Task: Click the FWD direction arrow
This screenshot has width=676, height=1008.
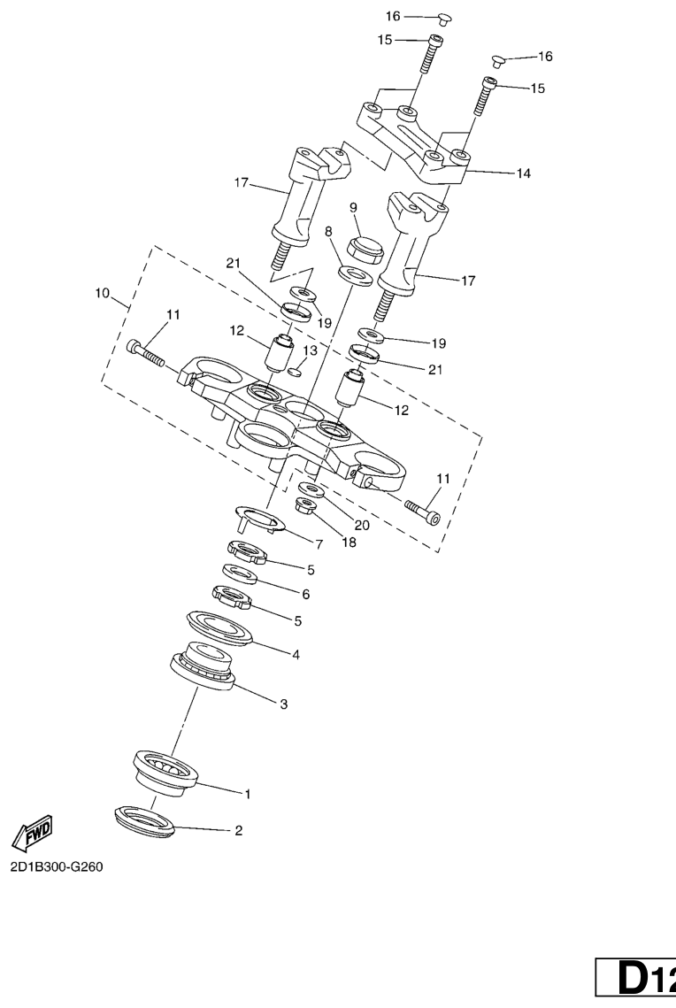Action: (x=32, y=832)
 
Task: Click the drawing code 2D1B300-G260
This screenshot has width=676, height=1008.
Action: (x=57, y=866)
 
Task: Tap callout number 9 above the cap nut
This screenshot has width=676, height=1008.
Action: (x=353, y=207)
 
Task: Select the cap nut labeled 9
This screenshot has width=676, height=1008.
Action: (x=365, y=250)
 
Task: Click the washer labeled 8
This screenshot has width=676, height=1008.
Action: (x=356, y=274)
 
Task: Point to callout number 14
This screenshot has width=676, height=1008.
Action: (x=524, y=173)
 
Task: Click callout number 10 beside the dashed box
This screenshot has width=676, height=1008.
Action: (x=102, y=293)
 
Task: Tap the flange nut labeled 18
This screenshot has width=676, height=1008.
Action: (x=306, y=506)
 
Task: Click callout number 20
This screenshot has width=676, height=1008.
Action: (x=362, y=525)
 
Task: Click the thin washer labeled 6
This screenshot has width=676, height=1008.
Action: (x=240, y=573)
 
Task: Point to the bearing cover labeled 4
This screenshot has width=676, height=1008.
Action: (x=219, y=627)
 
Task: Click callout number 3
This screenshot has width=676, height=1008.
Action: (x=283, y=704)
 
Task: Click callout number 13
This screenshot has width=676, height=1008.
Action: (x=311, y=350)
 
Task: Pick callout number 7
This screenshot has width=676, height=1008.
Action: (x=319, y=544)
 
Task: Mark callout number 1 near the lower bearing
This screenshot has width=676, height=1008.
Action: (x=248, y=794)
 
